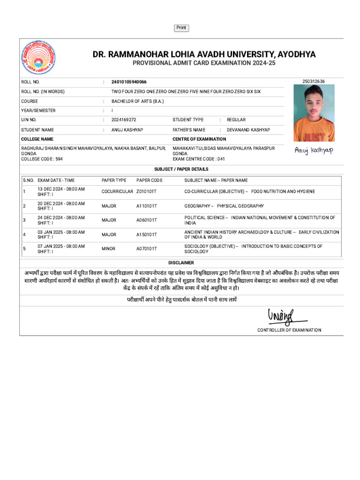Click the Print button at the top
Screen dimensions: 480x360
point(181,28)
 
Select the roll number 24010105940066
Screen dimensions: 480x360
point(129,82)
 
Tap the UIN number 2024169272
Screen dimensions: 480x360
point(124,120)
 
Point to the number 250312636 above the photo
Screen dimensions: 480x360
point(314,81)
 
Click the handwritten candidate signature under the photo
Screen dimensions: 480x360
point(313,150)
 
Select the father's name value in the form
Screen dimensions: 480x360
point(248,130)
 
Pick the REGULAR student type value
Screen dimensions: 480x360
point(236,120)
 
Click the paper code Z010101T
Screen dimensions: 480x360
point(147,192)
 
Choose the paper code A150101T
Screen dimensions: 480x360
point(147,234)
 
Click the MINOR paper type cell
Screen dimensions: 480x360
point(109,248)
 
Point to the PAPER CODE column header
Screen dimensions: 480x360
point(150,180)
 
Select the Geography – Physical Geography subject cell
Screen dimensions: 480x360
point(224,206)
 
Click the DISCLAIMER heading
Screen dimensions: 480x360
point(181,263)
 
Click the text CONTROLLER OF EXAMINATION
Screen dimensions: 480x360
point(289,330)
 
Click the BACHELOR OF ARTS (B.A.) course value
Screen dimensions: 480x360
point(137,101)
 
